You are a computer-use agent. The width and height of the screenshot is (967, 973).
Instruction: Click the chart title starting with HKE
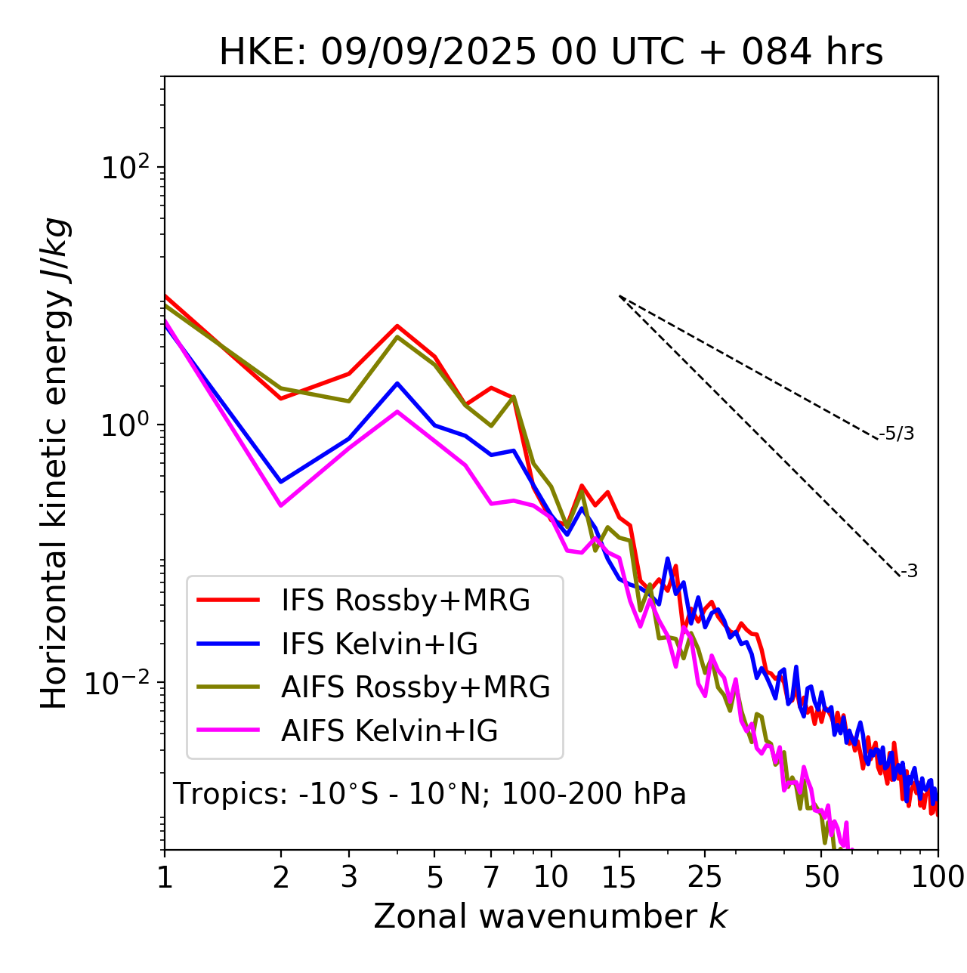(551, 53)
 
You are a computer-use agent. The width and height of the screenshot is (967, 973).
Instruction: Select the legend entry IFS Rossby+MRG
(405, 601)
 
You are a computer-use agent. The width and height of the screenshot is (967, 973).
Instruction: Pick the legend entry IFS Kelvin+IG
(379, 644)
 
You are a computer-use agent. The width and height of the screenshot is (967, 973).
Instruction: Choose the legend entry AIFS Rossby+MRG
(416, 687)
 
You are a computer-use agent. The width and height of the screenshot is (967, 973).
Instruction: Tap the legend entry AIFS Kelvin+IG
(389, 731)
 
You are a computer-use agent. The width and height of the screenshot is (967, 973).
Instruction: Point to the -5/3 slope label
(897, 434)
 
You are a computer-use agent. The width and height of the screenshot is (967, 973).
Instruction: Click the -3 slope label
(910, 572)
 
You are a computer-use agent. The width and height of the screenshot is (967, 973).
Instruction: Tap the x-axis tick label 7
(491, 877)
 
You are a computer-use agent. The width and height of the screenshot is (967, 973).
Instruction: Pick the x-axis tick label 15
(619, 877)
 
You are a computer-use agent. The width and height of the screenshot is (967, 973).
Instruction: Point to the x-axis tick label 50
(821, 877)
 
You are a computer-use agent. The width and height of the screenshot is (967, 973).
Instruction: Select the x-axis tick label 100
(938, 877)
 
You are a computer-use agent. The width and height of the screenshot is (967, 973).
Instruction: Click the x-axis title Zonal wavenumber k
(551, 917)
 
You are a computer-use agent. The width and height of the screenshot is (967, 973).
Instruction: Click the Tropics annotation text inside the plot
(430, 795)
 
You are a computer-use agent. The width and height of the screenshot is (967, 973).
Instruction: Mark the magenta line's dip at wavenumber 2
(281, 505)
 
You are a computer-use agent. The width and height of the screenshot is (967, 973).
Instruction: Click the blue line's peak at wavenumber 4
(397, 383)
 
